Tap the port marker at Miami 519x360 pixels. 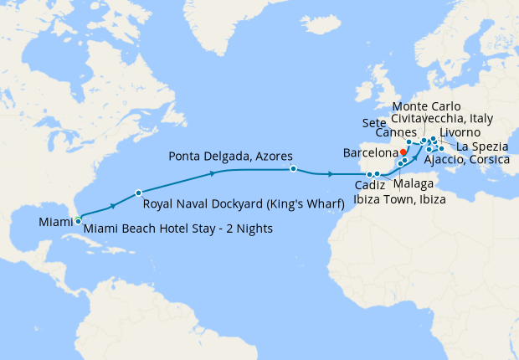pyautogui.click(x=78, y=221)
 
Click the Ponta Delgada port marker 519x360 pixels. pyautogui.click(x=293, y=169)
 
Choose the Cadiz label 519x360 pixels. pyautogui.click(x=369, y=185)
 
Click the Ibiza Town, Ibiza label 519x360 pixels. pyautogui.click(x=399, y=199)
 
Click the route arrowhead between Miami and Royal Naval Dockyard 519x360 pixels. pyautogui.click(x=112, y=205)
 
